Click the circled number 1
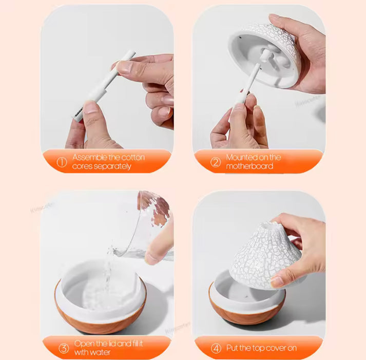point(62,162)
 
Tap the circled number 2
point(215,162)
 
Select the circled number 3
point(63,348)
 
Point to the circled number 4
point(216,348)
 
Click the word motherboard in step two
point(249,166)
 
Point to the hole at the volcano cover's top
point(269,224)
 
